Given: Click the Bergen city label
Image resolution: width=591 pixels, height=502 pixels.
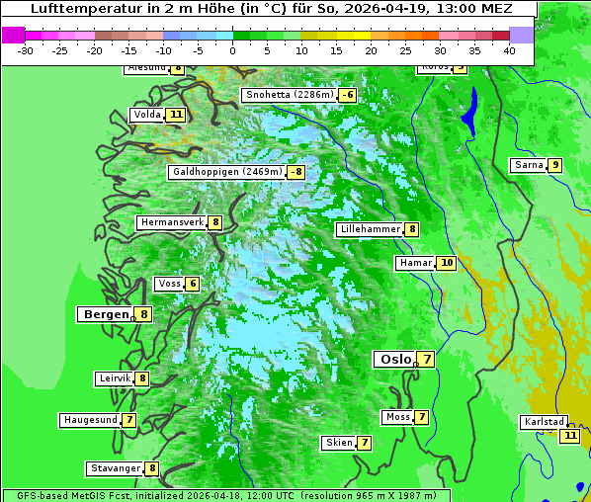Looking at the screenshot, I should click(x=105, y=314).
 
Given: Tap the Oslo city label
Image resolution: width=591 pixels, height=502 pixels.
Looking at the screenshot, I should click(x=395, y=359).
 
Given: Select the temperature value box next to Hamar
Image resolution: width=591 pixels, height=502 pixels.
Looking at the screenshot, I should click(x=447, y=263).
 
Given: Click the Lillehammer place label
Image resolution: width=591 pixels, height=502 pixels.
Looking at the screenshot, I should click(x=370, y=229).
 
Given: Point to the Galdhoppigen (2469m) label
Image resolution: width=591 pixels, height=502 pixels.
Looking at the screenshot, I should click(x=227, y=172).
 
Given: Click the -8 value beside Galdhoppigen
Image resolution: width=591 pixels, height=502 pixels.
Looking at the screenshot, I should click(x=295, y=172).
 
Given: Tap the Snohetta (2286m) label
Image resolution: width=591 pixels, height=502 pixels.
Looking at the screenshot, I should click(x=289, y=95).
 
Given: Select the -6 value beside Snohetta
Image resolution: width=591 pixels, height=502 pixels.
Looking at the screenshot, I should click(x=347, y=95).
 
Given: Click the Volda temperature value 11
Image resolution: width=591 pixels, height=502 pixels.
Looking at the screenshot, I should click(x=176, y=115).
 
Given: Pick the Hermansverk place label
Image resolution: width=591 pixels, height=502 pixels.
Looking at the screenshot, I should click(x=172, y=222).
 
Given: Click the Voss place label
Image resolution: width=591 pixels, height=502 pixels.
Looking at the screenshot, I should click(x=169, y=284).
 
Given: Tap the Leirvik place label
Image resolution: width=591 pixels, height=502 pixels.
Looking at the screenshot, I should click(x=115, y=378).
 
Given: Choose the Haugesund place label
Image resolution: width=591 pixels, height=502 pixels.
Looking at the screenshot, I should click(x=90, y=420).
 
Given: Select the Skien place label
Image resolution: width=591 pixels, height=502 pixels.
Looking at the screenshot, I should click(x=339, y=443).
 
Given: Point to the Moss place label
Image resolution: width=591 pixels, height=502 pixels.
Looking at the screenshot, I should click(x=398, y=417).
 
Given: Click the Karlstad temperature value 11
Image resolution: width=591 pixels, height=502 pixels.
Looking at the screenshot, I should click(x=569, y=435).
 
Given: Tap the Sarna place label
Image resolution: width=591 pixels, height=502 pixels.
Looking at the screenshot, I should click(x=529, y=165).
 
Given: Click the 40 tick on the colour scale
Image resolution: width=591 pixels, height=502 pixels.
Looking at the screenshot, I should click(x=509, y=49).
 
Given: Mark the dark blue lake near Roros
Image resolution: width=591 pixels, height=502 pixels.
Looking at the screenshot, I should click(x=469, y=111).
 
